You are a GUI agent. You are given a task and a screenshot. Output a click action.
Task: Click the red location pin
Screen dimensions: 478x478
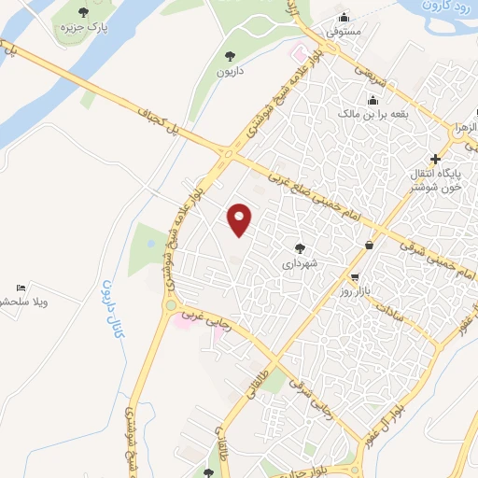tap(241, 218)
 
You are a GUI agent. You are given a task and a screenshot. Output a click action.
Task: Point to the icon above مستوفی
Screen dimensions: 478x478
tap(344, 17)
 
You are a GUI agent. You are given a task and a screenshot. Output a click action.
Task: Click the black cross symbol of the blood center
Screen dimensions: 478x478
tap(435, 160)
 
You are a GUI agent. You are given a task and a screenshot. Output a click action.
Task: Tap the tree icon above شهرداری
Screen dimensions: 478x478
tap(300, 248)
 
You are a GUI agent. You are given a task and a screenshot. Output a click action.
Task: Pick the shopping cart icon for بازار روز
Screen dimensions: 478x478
tap(355, 277)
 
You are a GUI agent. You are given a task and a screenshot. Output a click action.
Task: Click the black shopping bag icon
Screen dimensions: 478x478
tap(370, 245)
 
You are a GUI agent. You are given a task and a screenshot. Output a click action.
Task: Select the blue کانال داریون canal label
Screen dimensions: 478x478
tap(112, 308)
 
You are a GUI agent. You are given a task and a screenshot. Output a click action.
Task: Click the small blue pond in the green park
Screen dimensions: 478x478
tap(151, 245)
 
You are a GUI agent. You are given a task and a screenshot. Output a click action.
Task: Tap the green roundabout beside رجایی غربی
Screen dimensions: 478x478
tap(170, 304)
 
